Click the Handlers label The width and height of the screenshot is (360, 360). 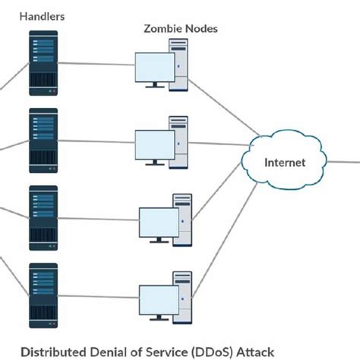click(43, 16)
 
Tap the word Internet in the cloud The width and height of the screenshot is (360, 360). click(285, 162)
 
